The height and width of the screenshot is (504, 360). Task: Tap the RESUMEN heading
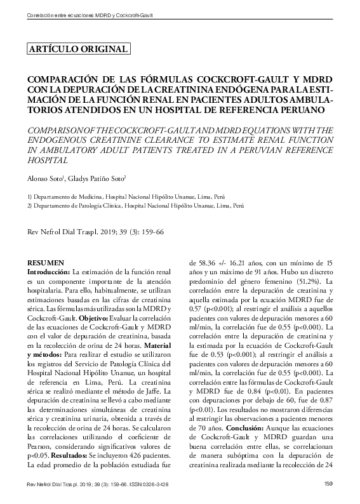pos(46,262)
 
